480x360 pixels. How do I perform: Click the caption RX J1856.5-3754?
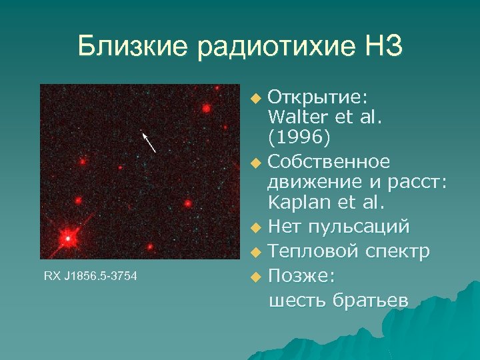click(91, 275)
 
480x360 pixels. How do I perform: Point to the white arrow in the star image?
click(149, 142)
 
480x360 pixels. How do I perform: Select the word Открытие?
click(317, 97)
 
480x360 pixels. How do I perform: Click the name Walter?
click(297, 118)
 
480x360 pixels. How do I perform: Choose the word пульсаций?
click(359, 227)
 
